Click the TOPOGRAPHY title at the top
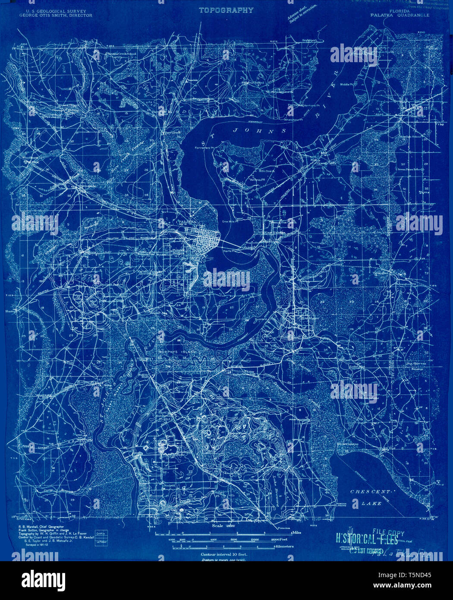click(x=226, y=9)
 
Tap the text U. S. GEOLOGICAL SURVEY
click(x=56, y=11)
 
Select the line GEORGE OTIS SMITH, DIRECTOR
click(x=56, y=16)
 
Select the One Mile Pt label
click(x=230, y=222)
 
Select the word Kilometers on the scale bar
click(x=284, y=546)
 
